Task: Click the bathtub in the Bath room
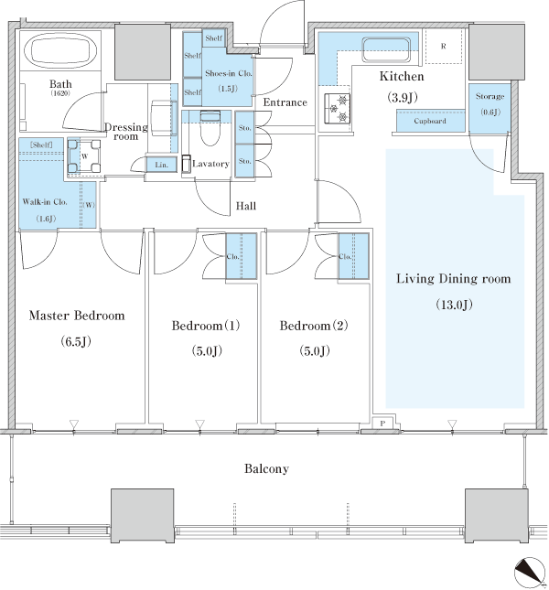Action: pyautogui.click(x=60, y=50)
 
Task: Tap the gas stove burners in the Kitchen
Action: pyautogui.click(x=338, y=108)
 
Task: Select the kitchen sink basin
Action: pyautogui.click(x=386, y=49)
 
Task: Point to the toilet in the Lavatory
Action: pyautogui.click(x=210, y=128)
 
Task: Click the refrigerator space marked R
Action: pyautogui.click(x=443, y=47)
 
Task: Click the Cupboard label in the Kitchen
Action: pyautogui.click(x=430, y=121)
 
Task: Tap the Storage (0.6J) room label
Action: pyautogui.click(x=490, y=104)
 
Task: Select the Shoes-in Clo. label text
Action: pyautogui.click(x=229, y=73)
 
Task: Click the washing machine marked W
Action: pyautogui.click(x=85, y=156)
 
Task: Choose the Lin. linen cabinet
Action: pyautogui.click(x=161, y=165)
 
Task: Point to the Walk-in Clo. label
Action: pyautogui.click(x=45, y=201)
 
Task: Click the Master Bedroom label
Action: pyautogui.click(x=77, y=316)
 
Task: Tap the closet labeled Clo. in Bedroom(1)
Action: pyautogui.click(x=241, y=256)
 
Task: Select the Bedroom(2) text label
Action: pyautogui.click(x=314, y=325)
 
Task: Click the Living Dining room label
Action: pyautogui.click(x=454, y=279)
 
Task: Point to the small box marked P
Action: pyautogui.click(x=382, y=424)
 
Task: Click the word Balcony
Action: pyautogui.click(x=266, y=469)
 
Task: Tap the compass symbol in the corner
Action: pyautogui.click(x=530, y=572)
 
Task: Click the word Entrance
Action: pyautogui.click(x=285, y=102)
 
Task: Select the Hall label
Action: pyautogui.click(x=246, y=206)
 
